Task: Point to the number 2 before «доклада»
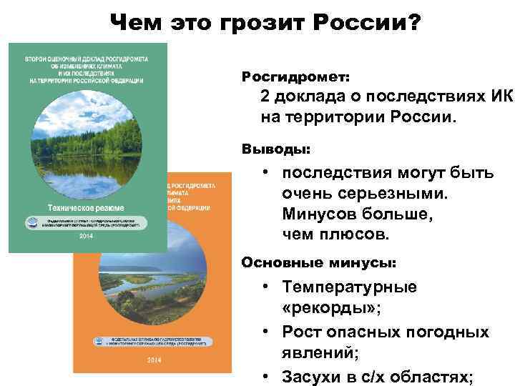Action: tap(265, 96)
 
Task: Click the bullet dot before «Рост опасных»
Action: tap(265, 332)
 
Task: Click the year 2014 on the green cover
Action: tap(86, 236)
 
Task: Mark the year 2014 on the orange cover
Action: tap(153, 360)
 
